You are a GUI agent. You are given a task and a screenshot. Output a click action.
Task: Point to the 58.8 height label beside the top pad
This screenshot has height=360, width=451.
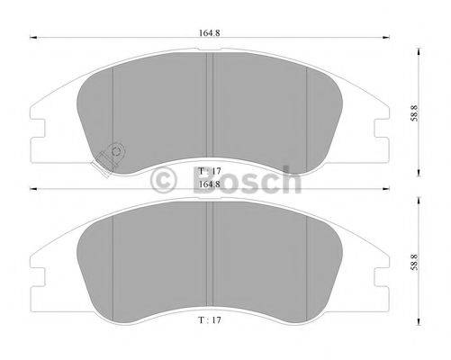tap(414, 113)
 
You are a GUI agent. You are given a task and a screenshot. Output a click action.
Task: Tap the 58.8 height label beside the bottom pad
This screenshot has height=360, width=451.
tap(414, 263)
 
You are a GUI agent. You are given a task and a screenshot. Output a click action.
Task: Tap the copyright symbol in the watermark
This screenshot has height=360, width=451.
tap(166, 180)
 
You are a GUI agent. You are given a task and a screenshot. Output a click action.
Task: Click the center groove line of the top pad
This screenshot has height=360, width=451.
tap(210, 108)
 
